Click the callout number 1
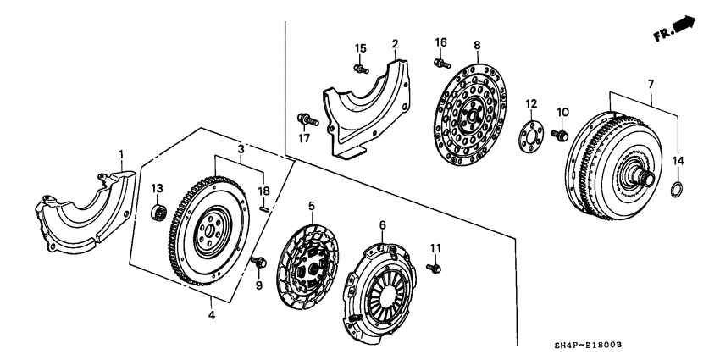[121, 154]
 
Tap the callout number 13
[157, 187]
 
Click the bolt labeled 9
[258, 263]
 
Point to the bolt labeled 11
[436, 268]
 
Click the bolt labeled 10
[559, 134]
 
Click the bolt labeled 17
[307, 119]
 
